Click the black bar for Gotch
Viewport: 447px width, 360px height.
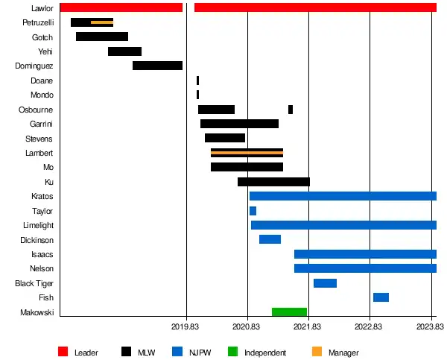pos(102,37)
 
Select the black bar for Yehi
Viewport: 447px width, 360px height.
pos(124,51)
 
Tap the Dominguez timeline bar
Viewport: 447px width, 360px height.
pos(157,66)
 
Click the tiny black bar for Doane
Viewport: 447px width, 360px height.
pos(197,80)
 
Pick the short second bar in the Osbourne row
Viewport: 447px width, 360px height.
pos(291,110)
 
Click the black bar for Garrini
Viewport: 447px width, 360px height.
pos(239,124)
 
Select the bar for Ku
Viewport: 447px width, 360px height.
pos(273,182)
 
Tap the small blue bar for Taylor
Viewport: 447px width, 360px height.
pos(253,211)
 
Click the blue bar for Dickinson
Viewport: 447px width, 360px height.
pos(270,239)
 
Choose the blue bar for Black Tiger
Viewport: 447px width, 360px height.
pos(325,283)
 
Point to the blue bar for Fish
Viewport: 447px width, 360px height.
pos(381,297)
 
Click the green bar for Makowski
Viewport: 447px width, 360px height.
pos(289,312)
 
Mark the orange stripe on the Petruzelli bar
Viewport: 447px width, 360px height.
pos(102,22)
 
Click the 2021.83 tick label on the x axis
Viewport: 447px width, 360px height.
pos(308,326)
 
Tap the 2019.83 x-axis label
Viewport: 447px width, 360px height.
pos(186,326)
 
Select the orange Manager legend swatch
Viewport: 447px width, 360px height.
pos(317,352)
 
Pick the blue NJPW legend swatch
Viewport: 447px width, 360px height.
pos(177,352)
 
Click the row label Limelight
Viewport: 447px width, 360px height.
pos(39,225)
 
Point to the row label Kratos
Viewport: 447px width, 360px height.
pos(42,196)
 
